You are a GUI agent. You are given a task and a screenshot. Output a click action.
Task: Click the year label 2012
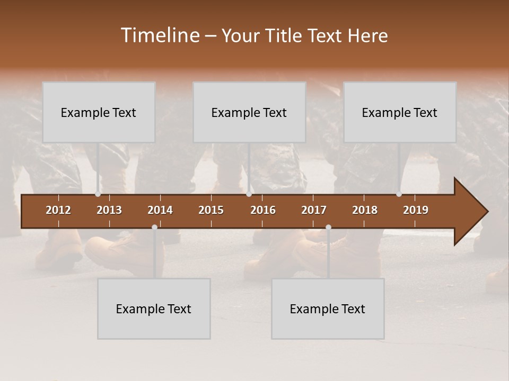pos(58,210)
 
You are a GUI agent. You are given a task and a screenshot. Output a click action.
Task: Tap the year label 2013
pos(109,210)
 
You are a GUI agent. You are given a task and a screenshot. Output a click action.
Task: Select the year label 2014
pos(160,210)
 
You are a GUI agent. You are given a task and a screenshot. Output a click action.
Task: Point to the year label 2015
pos(211,210)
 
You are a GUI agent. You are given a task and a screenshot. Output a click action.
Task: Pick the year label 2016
pos(263,210)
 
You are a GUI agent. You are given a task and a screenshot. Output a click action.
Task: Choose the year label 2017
pos(314,210)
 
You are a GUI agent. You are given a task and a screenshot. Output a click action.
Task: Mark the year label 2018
pos(365,210)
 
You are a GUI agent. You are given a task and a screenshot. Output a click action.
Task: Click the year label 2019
pos(416,210)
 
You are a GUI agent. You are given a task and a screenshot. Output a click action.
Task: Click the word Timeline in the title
pos(160,35)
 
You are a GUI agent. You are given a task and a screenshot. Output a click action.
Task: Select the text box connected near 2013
pos(99,112)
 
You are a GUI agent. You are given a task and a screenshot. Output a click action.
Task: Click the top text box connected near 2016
pos(249,112)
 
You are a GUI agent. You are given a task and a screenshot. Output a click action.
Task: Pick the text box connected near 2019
pos(400,112)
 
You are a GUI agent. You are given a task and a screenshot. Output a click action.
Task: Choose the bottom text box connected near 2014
pos(154,309)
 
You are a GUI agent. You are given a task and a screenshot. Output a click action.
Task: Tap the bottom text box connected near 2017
pos(328,309)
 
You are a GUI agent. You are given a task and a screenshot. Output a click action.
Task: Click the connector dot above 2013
pos(98,194)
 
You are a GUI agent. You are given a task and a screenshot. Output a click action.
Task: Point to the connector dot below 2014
pos(154,228)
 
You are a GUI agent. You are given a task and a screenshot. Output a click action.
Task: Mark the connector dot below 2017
pos(328,228)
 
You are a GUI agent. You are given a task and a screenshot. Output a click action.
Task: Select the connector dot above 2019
pos(399,194)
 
